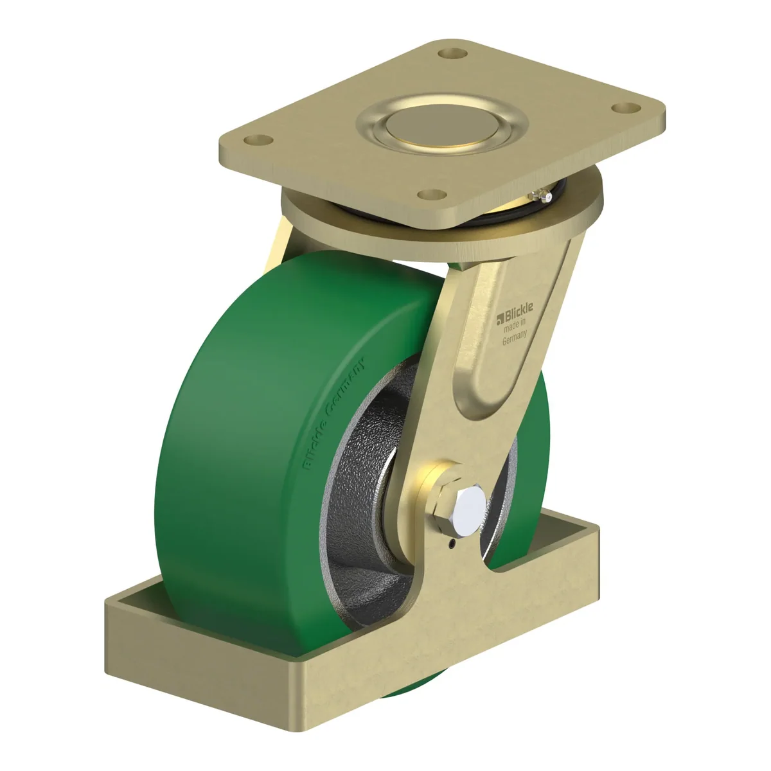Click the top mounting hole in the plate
[x=452, y=53]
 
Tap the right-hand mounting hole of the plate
[x=626, y=107]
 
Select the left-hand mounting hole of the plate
[x=258, y=140]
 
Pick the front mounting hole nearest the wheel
[x=432, y=195]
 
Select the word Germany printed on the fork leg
[x=515, y=339]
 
